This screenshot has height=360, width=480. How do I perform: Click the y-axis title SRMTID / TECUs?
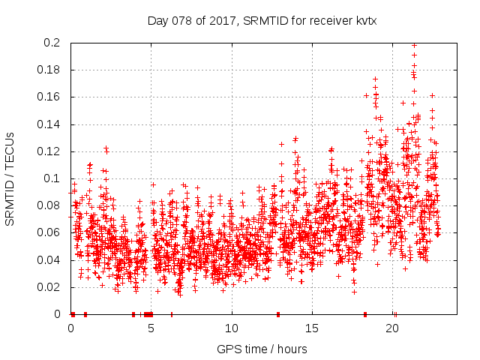coord(10,178)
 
